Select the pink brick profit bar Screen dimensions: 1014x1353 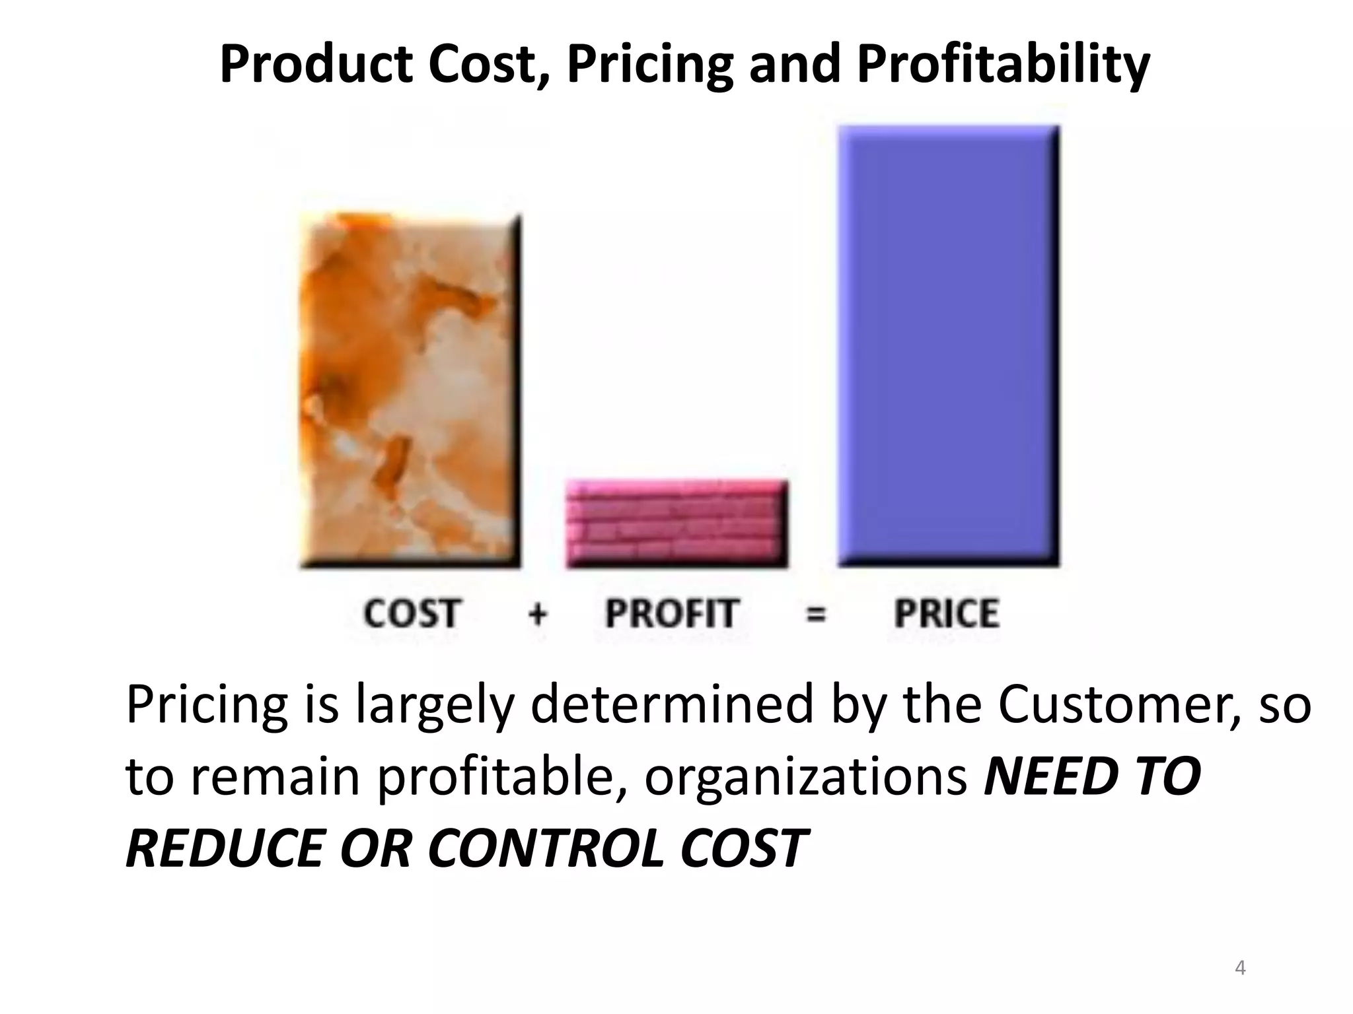[x=676, y=524]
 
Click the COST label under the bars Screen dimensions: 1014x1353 [x=411, y=614]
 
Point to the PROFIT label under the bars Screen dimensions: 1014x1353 [x=671, y=614]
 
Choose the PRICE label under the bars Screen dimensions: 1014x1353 [x=946, y=614]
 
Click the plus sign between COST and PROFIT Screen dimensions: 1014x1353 [x=538, y=615]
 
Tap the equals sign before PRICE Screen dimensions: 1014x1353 [x=816, y=615]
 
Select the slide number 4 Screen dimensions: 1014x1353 [x=1240, y=968]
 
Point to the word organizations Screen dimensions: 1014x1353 [x=806, y=777]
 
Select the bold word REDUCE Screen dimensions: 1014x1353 [x=224, y=848]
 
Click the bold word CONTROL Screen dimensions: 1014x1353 [x=546, y=848]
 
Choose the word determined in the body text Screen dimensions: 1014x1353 [x=672, y=705]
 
